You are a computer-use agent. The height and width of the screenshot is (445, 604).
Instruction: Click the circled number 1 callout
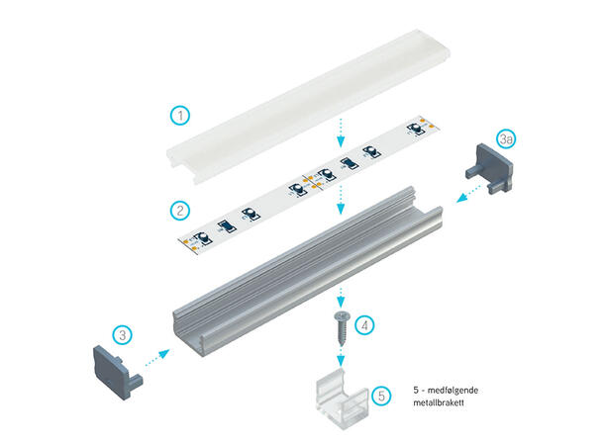(x=180, y=115)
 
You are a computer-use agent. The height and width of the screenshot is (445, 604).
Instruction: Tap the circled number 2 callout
(x=180, y=211)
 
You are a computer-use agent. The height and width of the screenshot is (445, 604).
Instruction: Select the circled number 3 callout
(x=122, y=335)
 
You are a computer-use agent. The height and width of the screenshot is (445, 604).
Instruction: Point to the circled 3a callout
(x=506, y=138)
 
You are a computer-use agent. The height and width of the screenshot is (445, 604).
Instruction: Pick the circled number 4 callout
(x=364, y=325)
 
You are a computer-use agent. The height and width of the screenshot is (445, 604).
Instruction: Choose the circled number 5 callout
(x=381, y=396)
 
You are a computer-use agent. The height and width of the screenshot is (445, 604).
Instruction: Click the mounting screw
(x=342, y=327)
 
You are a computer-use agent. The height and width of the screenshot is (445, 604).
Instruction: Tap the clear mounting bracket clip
(x=342, y=399)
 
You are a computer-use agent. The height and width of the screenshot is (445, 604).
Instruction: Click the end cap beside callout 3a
(x=489, y=168)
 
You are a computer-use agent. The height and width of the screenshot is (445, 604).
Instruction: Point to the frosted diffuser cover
(x=308, y=107)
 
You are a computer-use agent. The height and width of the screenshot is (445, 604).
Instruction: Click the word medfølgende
(x=453, y=390)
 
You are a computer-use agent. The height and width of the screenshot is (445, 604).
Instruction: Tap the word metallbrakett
(x=439, y=402)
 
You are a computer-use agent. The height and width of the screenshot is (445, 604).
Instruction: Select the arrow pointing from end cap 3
(x=157, y=358)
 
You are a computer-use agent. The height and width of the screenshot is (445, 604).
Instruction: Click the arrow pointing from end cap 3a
(x=468, y=193)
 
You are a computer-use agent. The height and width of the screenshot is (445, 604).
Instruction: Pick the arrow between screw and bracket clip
(x=341, y=356)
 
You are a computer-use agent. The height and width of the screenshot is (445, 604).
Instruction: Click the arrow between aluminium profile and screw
(x=341, y=297)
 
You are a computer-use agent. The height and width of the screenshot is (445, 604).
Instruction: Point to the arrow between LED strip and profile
(x=341, y=200)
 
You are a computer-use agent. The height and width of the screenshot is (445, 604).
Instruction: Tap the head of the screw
(x=342, y=316)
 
